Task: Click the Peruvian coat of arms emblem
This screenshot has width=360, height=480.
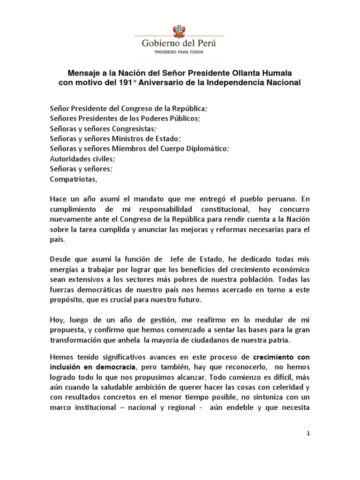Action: [179, 31]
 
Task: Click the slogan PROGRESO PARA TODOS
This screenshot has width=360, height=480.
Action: [179, 52]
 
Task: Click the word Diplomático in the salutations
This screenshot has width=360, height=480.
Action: [205, 148]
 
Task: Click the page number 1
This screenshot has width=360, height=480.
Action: [308, 434]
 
